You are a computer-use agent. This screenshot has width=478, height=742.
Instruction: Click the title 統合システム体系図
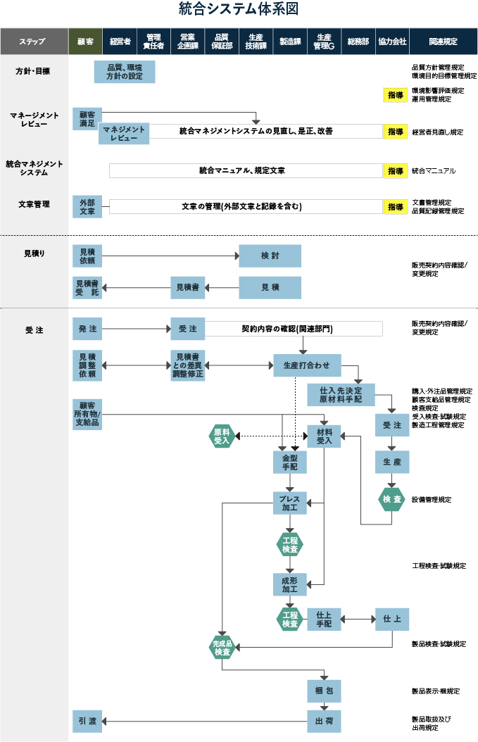click(x=239, y=9)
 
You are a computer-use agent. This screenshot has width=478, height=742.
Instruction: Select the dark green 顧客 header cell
click(x=86, y=42)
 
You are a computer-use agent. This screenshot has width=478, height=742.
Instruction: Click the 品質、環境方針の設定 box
click(x=125, y=72)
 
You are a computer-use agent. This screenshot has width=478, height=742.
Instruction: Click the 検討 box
click(x=270, y=256)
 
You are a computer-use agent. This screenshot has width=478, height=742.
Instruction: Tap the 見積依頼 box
click(x=87, y=256)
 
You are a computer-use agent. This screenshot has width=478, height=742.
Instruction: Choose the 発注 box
click(x=87, y=329)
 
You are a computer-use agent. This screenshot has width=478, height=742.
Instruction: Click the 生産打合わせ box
click(x=307, y=366)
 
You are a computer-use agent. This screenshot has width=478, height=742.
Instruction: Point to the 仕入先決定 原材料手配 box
click(x=341, y=394)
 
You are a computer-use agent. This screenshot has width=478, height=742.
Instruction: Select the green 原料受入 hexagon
click(x=222, y=436)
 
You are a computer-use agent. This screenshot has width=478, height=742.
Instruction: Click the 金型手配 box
click(x=290, y=462)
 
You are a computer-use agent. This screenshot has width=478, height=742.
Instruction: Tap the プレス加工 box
click(x=290, y=503)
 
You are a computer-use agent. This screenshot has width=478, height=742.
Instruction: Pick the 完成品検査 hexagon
click(x=222, y=647)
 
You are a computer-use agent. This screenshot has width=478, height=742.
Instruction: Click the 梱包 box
click(x=324, y=691)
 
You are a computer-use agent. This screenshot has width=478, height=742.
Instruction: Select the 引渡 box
click(x=87, y=721)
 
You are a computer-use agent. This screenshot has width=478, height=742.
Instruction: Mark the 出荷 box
click(x=324, y=721)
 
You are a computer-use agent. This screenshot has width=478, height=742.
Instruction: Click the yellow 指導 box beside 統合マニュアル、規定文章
click(x=396, y=171)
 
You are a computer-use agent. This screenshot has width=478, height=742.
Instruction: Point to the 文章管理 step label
click(x=34, y=204)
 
